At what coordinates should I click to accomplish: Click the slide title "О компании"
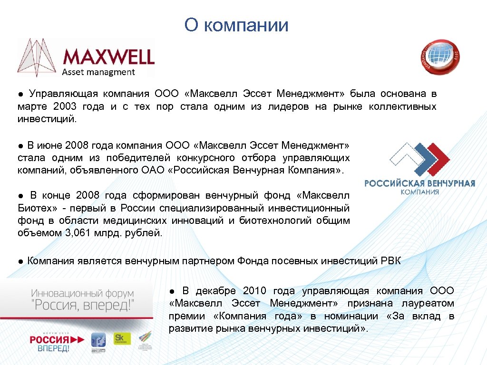pos(236,25)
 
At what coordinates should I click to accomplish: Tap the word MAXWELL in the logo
pos(108,57)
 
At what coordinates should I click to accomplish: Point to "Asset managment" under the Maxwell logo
pos(99,72)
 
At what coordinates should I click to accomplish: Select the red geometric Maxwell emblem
pos(38,57)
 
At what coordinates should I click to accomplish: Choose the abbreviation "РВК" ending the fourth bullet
pos(391,260)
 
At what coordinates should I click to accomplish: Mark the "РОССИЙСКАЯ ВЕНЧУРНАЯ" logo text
pos(419,183)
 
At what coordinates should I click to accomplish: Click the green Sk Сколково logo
pos(122,338)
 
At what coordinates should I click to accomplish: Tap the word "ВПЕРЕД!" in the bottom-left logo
pos(54,348)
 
